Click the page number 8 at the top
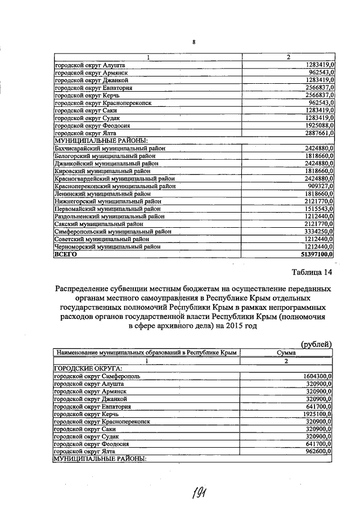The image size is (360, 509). [193, 43]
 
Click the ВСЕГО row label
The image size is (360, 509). [65, 254]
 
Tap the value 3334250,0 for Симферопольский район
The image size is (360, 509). [317, 231]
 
